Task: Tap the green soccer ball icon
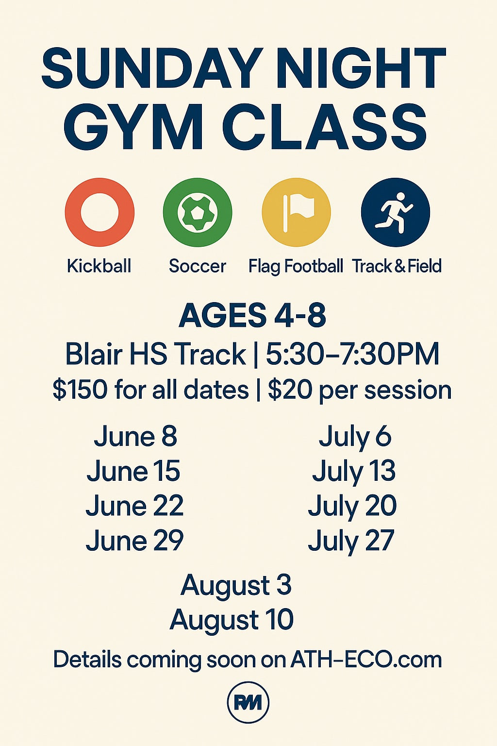click(198, 212)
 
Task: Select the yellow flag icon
click(296, 212)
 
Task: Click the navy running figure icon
click(396, 212)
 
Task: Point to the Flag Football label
click(296, 267)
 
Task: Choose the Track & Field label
click(397, 266)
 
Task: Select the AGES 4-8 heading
click(252, 315)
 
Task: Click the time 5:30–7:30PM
click(352, 355)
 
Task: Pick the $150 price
click(80, 390)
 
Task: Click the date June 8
click(135, 436)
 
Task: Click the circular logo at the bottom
click(248, 703)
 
